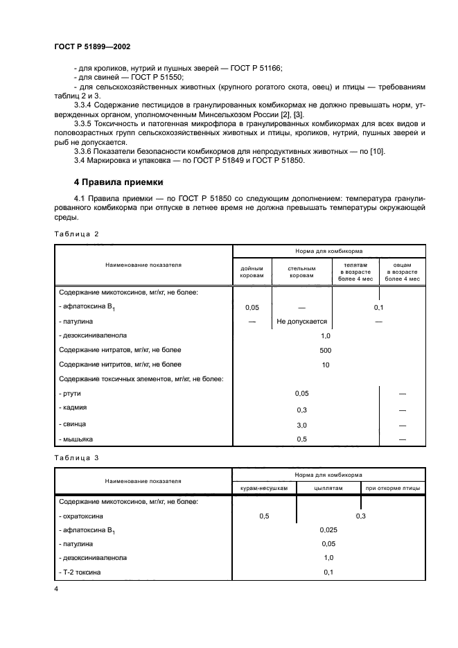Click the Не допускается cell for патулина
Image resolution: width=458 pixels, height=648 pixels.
click(301, 322)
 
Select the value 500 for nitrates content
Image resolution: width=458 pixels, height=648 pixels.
click(326, 350)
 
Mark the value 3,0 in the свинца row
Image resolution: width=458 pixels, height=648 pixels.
click(301, 424)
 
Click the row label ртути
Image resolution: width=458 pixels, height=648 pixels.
click(71, 393)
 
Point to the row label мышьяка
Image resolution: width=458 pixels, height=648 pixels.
click(76, 439)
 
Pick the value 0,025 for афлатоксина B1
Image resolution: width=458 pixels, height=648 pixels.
click(328, 529)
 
